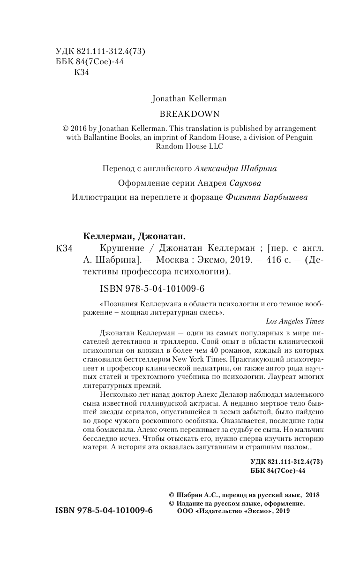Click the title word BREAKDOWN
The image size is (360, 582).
click(183, 113)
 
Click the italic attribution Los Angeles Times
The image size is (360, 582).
click(294, 321)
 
